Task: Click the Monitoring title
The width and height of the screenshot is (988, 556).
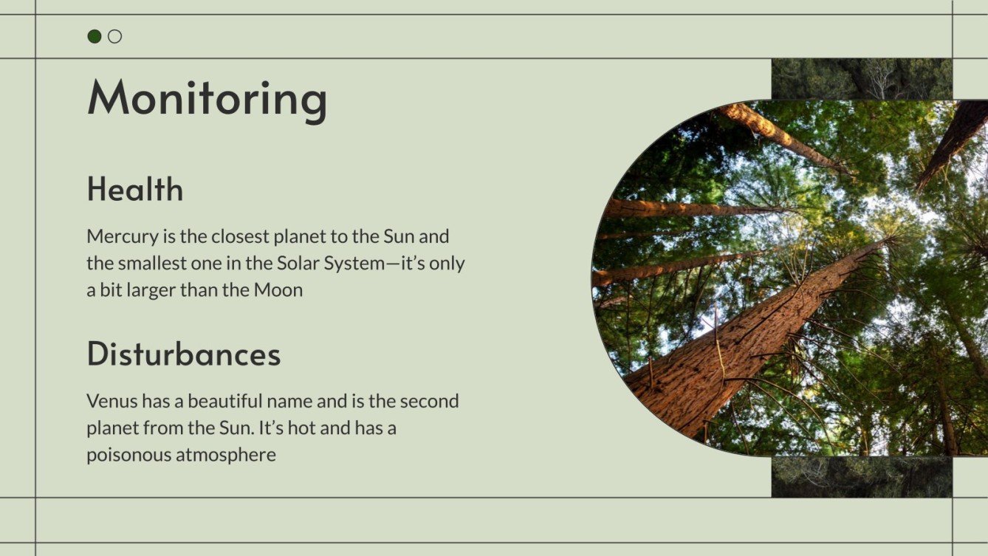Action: click(x=207, y=98)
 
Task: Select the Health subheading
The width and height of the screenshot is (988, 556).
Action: click(x=135, y=190)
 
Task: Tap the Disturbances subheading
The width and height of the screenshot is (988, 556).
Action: click(x=184, y=354)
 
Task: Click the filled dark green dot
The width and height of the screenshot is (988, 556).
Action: click(x=95, y=36)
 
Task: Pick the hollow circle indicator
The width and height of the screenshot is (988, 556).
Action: click(x=114, y=36)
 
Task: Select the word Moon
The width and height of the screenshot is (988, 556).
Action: click(x=278, y=290)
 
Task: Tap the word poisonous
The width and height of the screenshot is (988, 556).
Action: click(x=128, y=455)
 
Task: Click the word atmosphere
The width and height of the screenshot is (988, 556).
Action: click(x=226, y=455)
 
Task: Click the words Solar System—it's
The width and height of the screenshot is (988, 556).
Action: click(x=352, y=264)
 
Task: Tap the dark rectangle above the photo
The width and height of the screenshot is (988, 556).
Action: click(x=861, y=78)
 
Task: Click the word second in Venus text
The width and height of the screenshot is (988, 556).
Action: click(x=429, y=402)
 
